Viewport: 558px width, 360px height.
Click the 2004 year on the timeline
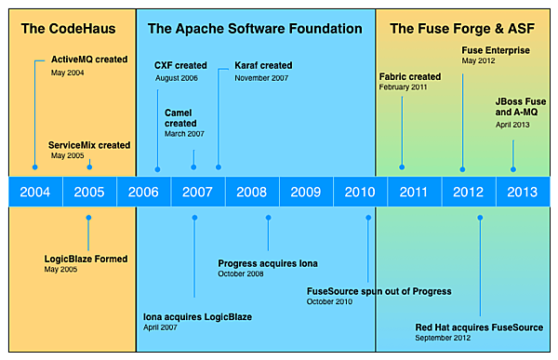[x=35, y=193]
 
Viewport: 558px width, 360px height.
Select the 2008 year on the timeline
[x=252, y=193]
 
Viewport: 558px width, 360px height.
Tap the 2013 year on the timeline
[x=522, y=193]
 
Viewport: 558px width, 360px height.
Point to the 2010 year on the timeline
[x=360, y=193]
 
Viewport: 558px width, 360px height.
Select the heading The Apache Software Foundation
[x=255, y=29]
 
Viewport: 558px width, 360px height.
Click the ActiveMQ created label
[x=89, y=60]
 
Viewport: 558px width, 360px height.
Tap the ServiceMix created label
[x=89, y=145]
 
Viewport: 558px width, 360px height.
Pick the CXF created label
[x=180, y=66]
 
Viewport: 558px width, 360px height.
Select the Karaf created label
[x=257, y=66]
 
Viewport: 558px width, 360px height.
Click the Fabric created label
[x=410, y=76]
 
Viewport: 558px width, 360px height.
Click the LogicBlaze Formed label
[x=86, y=259]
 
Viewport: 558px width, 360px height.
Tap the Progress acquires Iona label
[x=268, y=263]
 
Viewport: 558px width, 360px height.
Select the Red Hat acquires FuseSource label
[x=479, y=327]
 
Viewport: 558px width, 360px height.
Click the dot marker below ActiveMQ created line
[x=34, y=167]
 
